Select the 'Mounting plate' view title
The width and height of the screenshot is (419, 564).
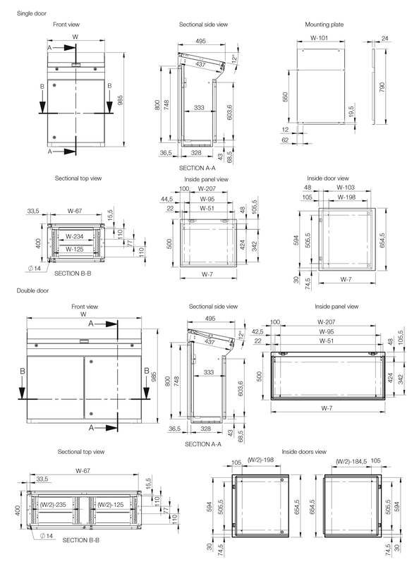coord(324,25)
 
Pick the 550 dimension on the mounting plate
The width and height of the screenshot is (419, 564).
coord(286,97)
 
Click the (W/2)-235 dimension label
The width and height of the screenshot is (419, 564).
coord(54,504)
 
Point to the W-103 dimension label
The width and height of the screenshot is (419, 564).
coord(346,188)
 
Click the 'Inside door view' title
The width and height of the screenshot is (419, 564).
coord(328,178)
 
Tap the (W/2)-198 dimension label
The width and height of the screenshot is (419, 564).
coord(261,461)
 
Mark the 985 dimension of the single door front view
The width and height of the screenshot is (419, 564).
coord(121,100)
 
